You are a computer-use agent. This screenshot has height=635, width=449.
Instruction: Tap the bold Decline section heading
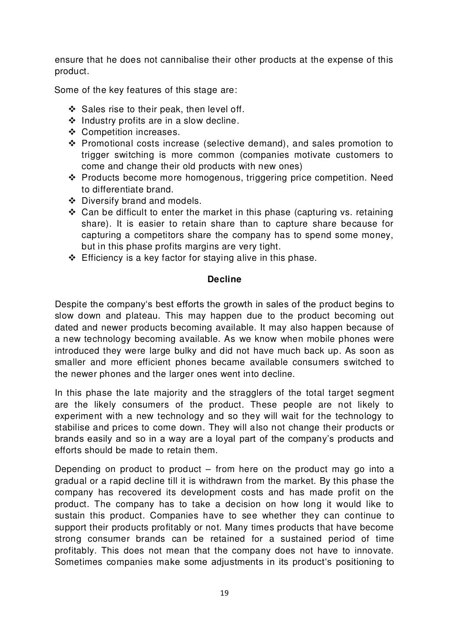coord(224,280)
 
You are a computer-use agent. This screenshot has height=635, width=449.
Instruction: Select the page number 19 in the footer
coord(224,593)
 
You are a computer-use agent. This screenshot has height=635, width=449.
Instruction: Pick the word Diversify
coord(99,201)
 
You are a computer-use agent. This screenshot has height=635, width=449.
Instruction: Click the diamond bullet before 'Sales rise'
coord(72,109)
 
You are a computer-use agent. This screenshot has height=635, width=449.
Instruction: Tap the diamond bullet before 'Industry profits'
coord(72,121)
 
